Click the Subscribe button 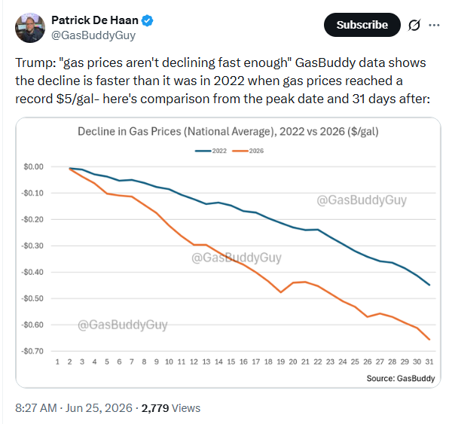[362, 25]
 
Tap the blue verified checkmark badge [148, 20]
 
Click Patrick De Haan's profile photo [30, 28]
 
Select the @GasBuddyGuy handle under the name [93, 35]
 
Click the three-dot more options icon [434, 25]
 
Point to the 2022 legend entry [211, 151]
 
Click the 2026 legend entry [248, 151]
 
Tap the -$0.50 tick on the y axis [32, 298]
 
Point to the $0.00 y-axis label [33, 166]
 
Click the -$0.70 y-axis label [32, 351]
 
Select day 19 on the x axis [280, 362]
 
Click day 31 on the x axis [429, 362]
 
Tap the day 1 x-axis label [57, 362]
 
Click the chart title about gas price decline [228, 132]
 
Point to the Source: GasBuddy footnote [401, 379]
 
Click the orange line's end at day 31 [429, 340]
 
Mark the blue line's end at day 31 [429, 285]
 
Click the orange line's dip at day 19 [280, 292]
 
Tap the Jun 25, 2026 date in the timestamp [99, 408]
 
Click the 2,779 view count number [155, 408]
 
